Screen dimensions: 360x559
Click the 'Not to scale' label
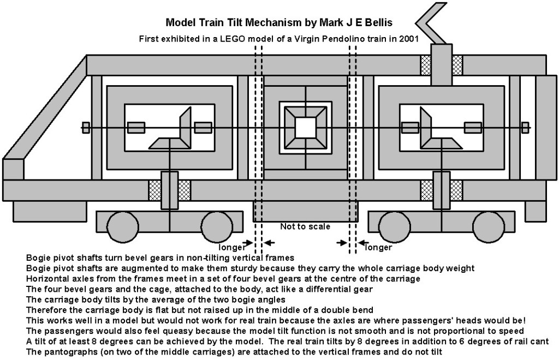click(x=305, y=226)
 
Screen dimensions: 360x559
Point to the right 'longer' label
click(x=378, y=247)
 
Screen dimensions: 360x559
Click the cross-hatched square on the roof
click(x=457, y=65)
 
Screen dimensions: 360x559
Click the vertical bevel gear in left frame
click(x=185, y=127)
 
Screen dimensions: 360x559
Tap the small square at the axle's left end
click(x=86, y=127)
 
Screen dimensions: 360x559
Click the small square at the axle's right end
click(x=525, y=127)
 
